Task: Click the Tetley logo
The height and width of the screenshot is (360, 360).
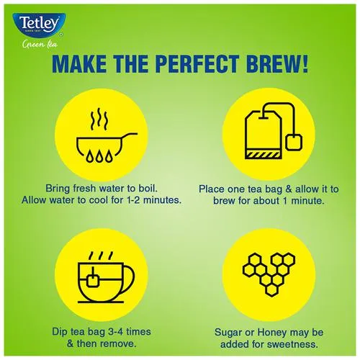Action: pyautogui.click(x=39, y=25)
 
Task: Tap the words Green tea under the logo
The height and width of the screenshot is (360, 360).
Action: pyautogui.click(x=40, y=45)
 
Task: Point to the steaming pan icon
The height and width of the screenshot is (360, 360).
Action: pyautogui.click(x=107, y=135)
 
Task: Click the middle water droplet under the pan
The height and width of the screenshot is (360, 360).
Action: pyautogui.click(x=99, y=157)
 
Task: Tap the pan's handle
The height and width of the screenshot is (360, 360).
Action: pyautogui.click(x=130, y=136)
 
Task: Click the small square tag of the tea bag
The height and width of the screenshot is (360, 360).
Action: pyautogui.click(x=294, y=143)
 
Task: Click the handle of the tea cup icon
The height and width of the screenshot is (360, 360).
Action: pyautogui.click(x=128, y=279)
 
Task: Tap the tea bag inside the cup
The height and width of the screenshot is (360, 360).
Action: pyautogui.click(x=93, y=280)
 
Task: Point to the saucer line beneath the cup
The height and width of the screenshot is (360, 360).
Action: pyautogui.click(x=101, y=302)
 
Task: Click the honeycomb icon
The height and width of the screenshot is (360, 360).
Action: pyautogui.click(x=269, y=274)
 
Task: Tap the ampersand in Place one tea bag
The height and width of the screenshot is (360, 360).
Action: pyautogui.click(x=289, y=189)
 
